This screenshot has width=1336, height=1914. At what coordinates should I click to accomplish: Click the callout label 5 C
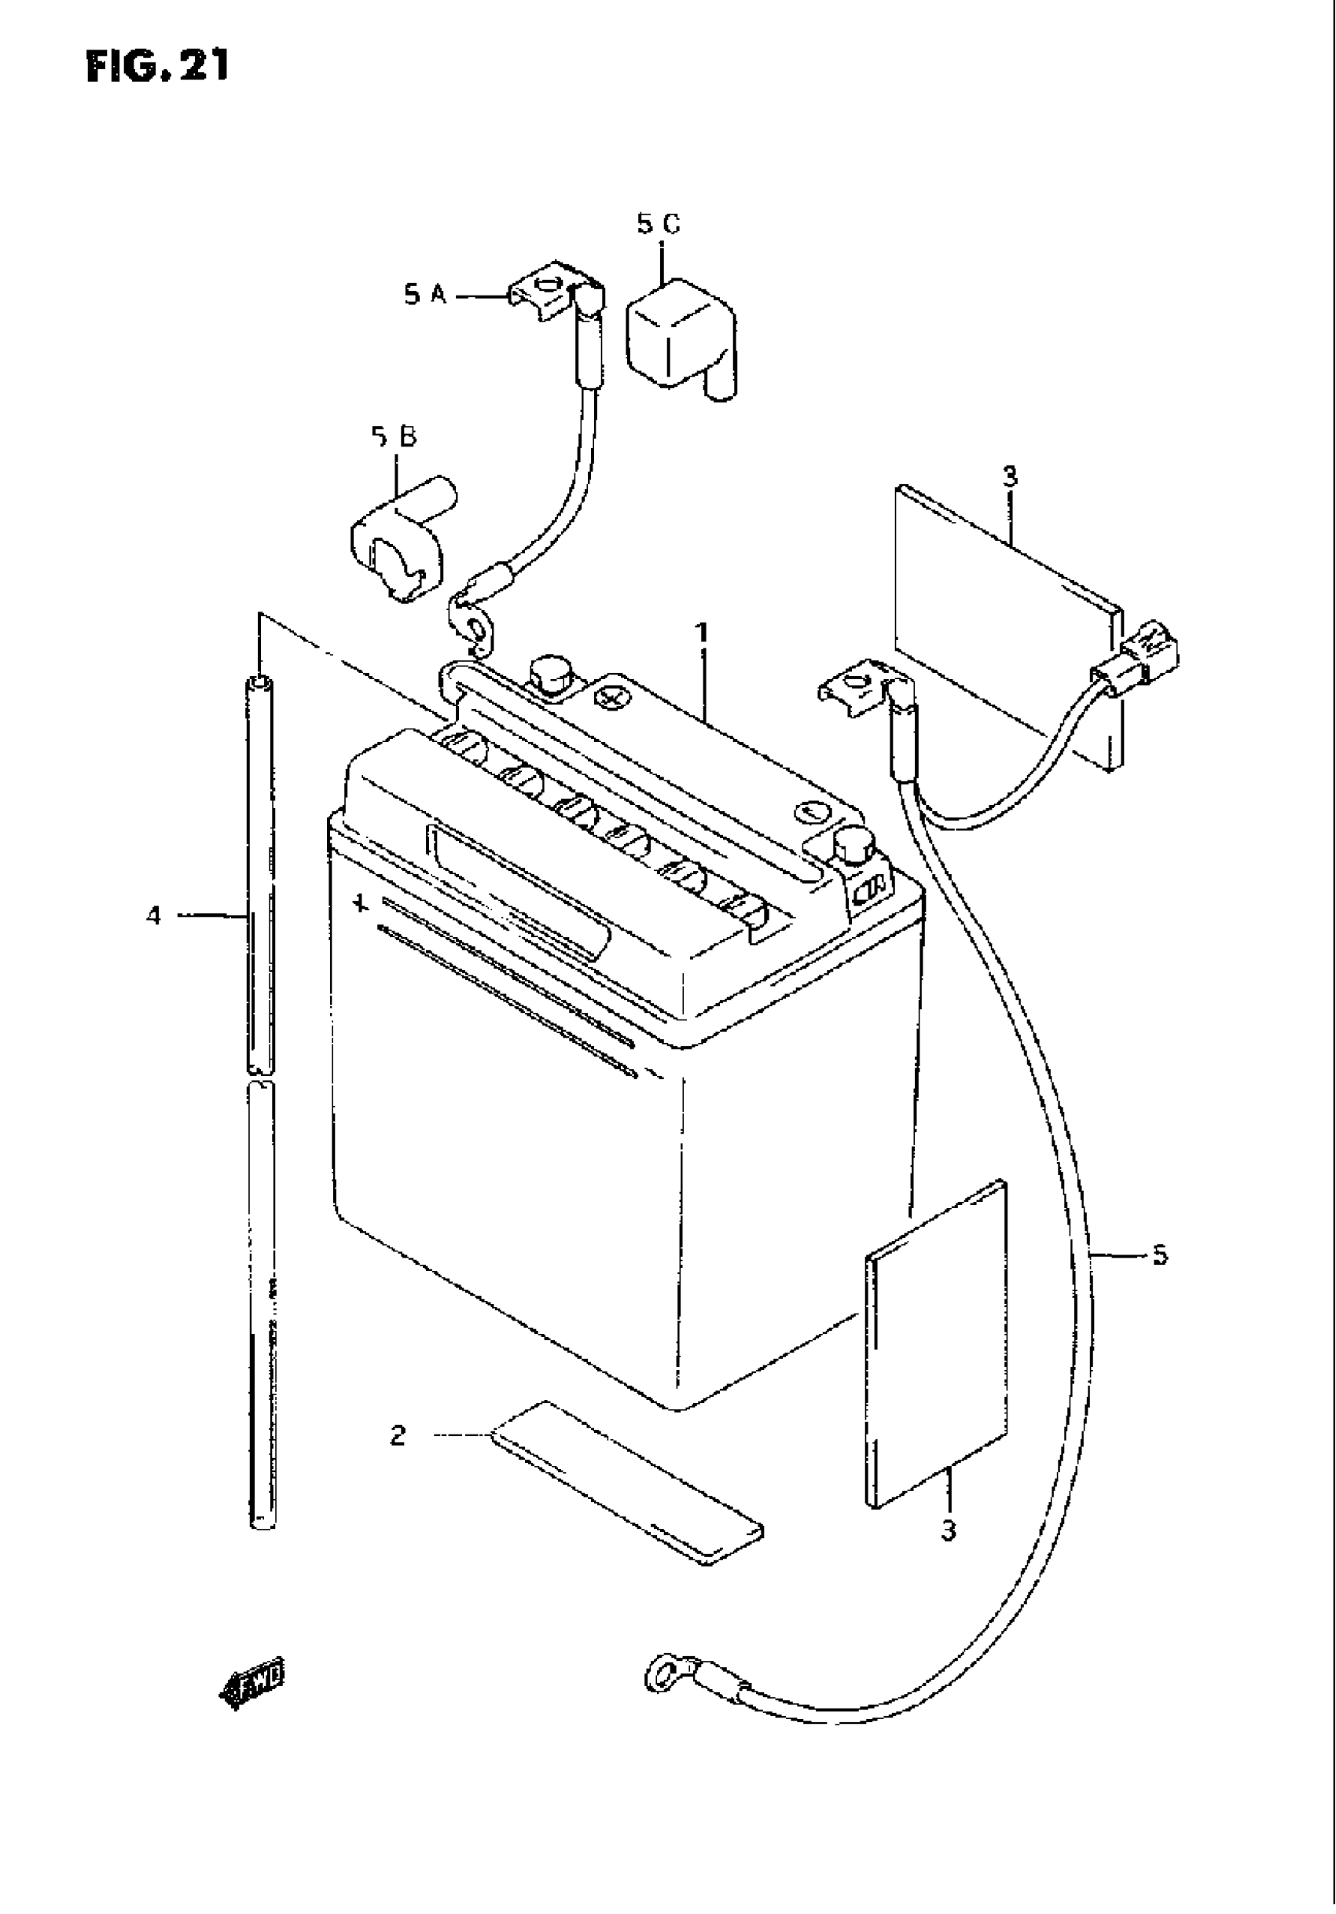(x=659, y=223)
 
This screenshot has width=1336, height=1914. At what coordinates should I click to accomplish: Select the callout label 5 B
(x=395, y=437)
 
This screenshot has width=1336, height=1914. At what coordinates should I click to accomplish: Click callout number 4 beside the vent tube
(x=153, y=917)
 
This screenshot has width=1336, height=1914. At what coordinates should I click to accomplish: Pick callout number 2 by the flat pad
(x=398, y=1435)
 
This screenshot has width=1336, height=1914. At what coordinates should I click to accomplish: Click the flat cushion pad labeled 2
(x=627, y=1481)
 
